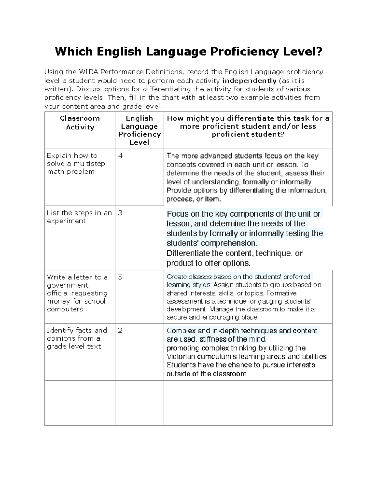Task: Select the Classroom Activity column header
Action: [x=80, y=123]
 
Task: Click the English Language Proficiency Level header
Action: [x=139, y=130]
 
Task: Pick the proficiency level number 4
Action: [x=120, y=156]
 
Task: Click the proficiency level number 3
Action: [x=120, y=213]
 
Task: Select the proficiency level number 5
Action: [x=120, y=277]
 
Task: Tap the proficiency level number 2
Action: [x=120, y=331]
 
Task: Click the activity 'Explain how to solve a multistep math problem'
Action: [x=76, y=164]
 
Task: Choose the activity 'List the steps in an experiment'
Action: [x=79, y=217]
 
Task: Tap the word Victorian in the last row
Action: [x=181, y=357]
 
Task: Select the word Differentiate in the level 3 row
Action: [x=188, y=254]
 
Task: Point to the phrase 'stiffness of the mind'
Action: [x=233, y=339]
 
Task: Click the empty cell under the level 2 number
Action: [x=139, y=403]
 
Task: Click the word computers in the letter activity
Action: [x=65, y=309]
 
